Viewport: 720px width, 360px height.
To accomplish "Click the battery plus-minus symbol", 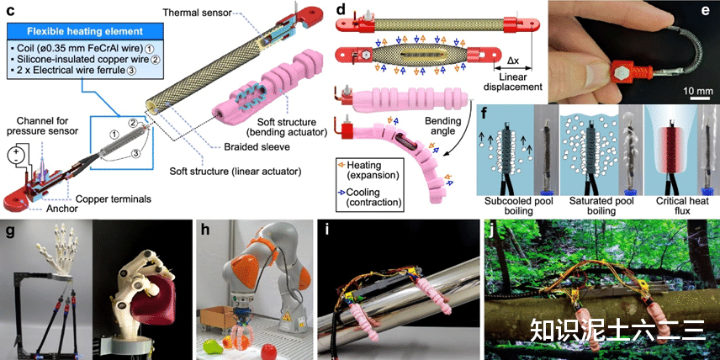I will (14, 157).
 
